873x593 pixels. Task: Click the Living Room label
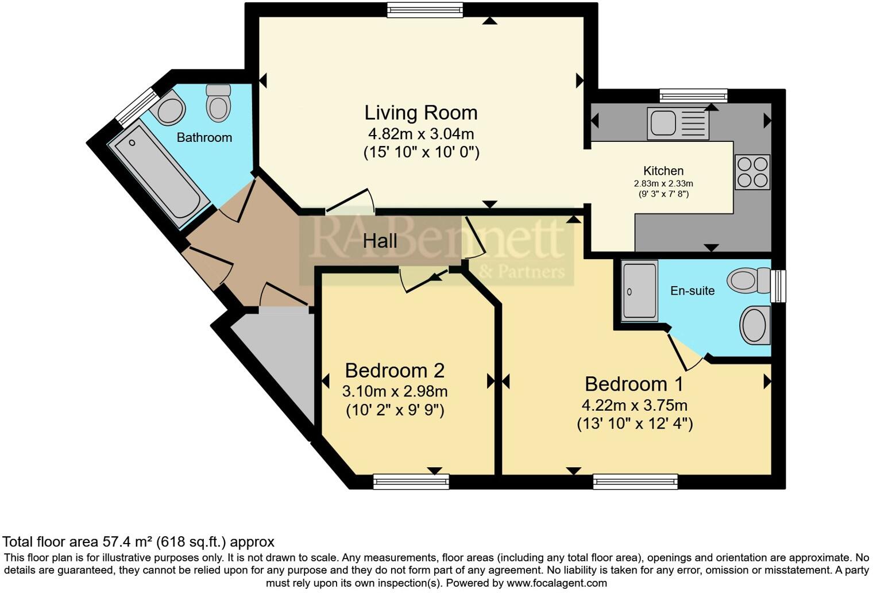(x=421, y=113)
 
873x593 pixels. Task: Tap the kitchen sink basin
(x=663, y=123)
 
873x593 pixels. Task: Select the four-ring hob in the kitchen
(x=752, y=172)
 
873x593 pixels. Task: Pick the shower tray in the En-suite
(x=640, y=291)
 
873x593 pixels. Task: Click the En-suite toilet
(x=749, y=280)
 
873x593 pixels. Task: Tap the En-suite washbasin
(x=755, y=325)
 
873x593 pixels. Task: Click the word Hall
(x=380, y=241)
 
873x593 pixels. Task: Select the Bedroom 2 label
(x=395, y=371)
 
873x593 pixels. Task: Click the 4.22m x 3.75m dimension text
(x=635, y=406)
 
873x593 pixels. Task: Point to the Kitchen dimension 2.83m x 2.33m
(x=663, y=183)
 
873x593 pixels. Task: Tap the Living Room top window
(x=425, y=10)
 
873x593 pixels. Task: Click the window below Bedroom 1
(x=635, y=482)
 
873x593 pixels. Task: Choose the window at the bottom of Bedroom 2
(x=411, y=482)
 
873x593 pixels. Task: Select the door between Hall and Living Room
(x=350, y=202)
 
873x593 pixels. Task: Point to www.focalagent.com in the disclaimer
(x=557, y=583)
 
